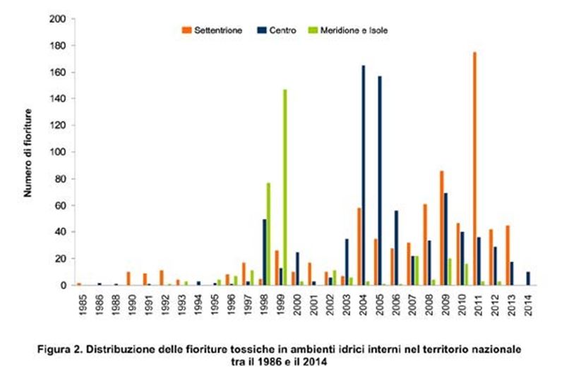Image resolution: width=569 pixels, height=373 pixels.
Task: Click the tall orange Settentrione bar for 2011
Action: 474,169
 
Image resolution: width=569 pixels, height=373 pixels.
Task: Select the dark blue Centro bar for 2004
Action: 364,176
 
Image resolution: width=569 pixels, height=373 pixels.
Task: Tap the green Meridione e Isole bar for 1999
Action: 285,188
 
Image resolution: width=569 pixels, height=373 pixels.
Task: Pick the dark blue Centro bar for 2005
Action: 380,181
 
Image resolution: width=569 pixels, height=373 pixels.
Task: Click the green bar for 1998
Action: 268,234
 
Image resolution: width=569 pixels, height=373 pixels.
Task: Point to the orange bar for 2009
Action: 442,228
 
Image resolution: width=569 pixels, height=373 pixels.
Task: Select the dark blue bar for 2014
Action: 528,279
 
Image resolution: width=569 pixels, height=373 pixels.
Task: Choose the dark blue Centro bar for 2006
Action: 396,248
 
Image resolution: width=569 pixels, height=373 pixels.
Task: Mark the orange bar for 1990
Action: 128,279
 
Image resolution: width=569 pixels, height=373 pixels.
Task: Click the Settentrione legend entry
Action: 212,30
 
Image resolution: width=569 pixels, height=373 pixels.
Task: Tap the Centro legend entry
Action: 277,30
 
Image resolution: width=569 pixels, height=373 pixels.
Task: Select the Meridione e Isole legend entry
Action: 348,30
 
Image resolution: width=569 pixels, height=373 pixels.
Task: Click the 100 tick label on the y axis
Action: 57,152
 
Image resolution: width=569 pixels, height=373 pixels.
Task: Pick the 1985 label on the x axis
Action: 83,305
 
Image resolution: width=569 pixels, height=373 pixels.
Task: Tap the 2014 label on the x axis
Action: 528,305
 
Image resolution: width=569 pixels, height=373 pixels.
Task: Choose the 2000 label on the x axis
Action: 297,305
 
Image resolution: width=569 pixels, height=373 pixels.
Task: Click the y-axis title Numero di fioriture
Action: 28,153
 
